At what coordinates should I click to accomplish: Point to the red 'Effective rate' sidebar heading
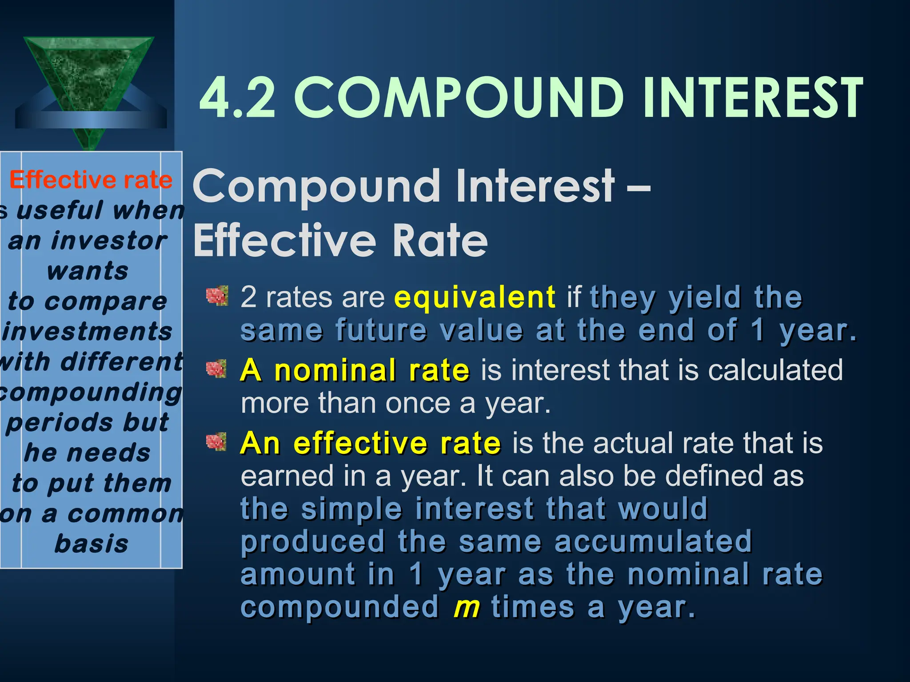91,180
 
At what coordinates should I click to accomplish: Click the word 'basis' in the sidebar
91,543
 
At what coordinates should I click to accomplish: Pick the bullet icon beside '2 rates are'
217,296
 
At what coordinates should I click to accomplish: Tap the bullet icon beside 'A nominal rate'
216,369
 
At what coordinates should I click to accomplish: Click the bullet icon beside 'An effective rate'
216,442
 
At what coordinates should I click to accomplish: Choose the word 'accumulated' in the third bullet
653,541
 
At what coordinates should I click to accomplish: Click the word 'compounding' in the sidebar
91,393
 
